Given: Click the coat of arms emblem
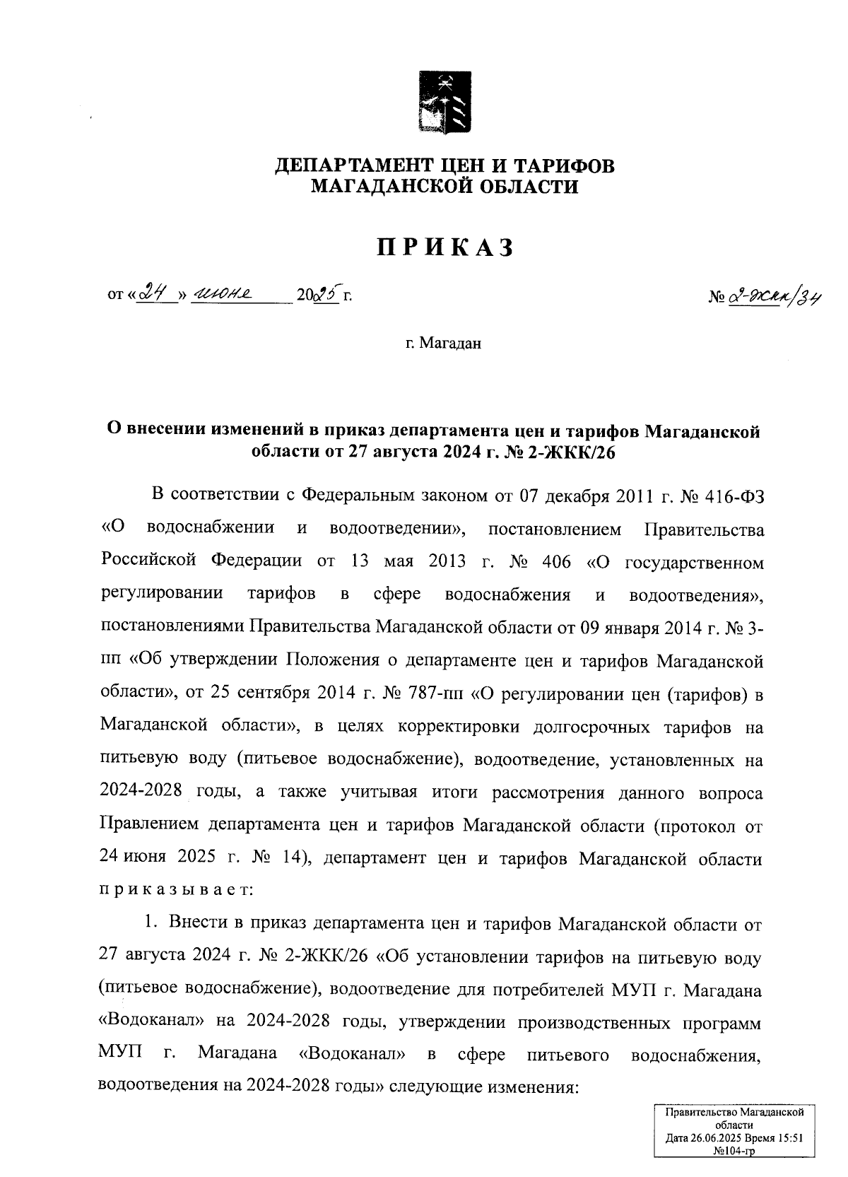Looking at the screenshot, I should (444, 101).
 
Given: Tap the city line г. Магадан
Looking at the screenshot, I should (444, 344).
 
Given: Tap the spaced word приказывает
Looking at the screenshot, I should (174, 890).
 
